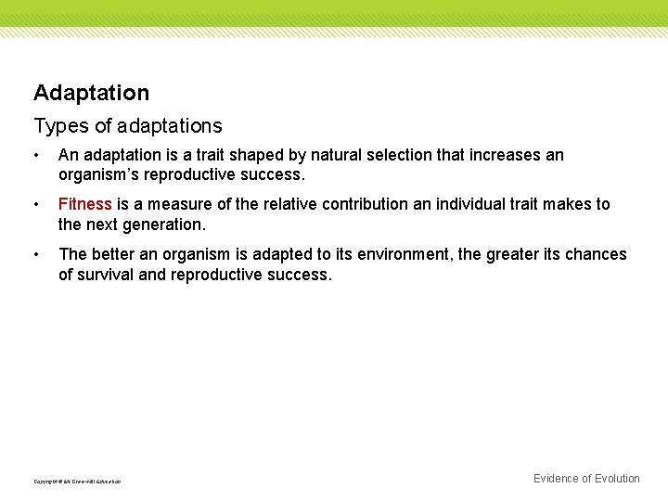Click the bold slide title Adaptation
click(91, 93)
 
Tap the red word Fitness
click(84, 204)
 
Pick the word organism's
click(99, 175)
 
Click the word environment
click(405, 254)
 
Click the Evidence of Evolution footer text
click(586, 479)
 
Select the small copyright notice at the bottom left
click(77, 482)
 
